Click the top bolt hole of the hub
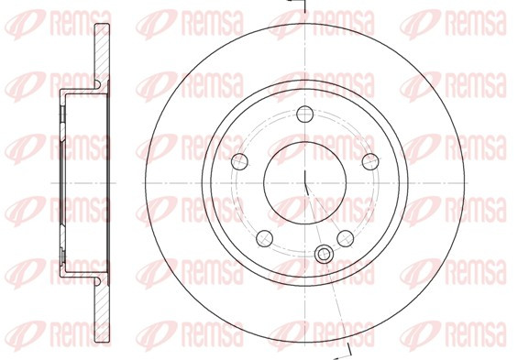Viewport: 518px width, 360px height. [304, 115]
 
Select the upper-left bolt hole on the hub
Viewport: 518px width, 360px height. [239, 162]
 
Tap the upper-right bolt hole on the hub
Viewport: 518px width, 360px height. [370, 162]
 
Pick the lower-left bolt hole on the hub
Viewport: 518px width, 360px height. [265, 238]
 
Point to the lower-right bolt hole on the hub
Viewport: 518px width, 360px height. [346, 238]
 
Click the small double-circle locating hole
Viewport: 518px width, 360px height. [324, 255]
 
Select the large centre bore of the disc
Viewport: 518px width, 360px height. [304, 183]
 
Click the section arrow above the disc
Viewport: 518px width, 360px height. [297, 4]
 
